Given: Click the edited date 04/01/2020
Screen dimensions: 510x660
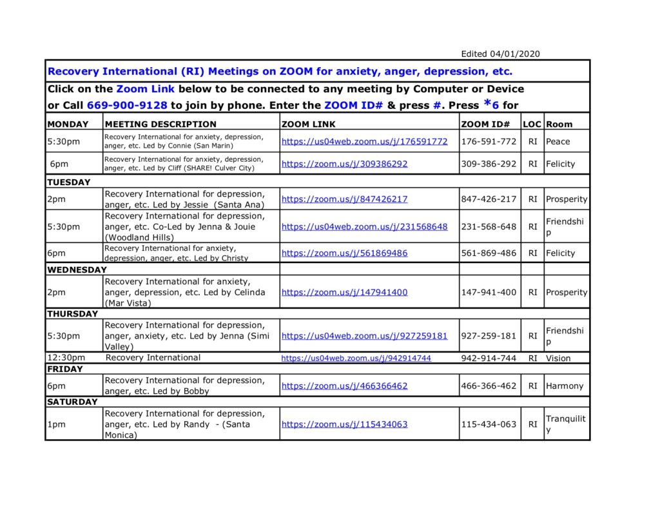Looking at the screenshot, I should [x=500, y=54].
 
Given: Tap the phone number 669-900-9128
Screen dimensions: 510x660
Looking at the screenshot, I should [x=127, y=105].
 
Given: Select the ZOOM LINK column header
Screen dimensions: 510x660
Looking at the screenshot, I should [x=309, y=124].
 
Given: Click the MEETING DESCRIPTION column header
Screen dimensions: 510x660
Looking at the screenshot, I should [x=160, y=124].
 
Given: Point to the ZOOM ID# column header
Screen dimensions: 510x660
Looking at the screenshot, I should [x=486, y=124].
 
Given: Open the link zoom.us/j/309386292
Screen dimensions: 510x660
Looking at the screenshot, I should [x=344, y=164].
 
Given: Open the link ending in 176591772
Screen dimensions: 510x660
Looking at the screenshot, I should [x=364, y=141].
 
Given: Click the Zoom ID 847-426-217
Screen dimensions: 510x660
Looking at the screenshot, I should [x=489, y=199].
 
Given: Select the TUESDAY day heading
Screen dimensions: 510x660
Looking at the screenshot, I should [x=69, y=182].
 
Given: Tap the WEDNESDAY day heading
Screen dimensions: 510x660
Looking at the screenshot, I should [x=77, y=270].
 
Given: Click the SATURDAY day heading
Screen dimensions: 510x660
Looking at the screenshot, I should [x=72, y=402].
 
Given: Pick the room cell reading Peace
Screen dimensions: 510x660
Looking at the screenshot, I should [x=558, y=141].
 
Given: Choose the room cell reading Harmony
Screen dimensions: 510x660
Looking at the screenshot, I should [x=564, y=386].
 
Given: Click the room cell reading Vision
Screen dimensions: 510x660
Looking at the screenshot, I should [x=558, y=358].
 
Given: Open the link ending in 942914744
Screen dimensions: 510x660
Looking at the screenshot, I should [x=356, y=358].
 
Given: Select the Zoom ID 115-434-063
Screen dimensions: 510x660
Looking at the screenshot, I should [x=489, y=424].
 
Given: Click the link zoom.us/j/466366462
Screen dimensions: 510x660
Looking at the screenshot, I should [x=344, y=386].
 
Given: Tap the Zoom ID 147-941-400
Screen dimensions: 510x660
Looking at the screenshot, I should [x=489, y=292].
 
